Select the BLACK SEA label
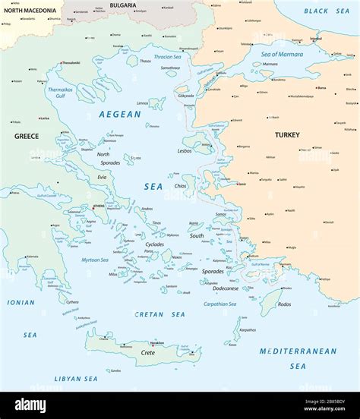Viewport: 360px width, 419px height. coord(327,11)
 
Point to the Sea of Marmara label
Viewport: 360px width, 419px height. coord(283,54)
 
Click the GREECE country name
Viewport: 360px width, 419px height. coord(26,136)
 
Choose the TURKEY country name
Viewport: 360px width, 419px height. coord(286,135)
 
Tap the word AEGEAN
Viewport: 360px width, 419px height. coord(119,115)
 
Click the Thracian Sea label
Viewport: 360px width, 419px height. coord(169,57)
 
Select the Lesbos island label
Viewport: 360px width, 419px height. coord(185,150)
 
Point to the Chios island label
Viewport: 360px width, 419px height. coord(180,185)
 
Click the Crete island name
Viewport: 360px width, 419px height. coord(148,352)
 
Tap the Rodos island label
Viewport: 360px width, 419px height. coord(284,304)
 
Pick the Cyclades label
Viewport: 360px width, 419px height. coord(155,244)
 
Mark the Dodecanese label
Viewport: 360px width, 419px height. coord(226,288)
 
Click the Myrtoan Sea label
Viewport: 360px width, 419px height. coord(95,260)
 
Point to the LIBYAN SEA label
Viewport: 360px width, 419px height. coord(76,378)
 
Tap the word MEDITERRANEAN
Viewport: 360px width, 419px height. coord(298,351)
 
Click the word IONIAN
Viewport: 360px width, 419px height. coord(21,302)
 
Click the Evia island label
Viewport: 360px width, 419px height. coord(102,177)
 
